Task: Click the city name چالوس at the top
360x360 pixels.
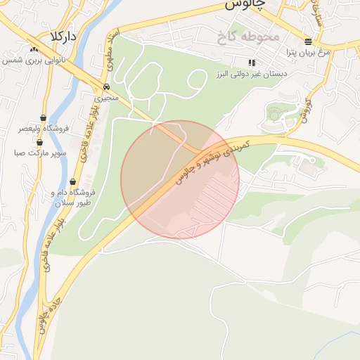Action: tap(245, 5)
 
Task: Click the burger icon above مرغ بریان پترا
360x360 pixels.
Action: tap(309, 41)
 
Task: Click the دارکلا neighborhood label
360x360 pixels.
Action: tap(63, 35)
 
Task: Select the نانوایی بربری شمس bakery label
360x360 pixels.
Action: tap(34, 60)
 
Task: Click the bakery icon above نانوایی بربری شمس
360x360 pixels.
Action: tap(34, 49)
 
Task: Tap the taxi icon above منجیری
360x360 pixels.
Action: tap(106, 86)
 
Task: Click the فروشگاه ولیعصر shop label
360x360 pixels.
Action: tap(44, 129)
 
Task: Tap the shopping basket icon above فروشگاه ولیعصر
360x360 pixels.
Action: tap(44, 117)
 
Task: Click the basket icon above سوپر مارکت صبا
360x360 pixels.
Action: tap(39, 141)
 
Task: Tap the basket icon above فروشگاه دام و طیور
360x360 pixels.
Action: tap(73, 181)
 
